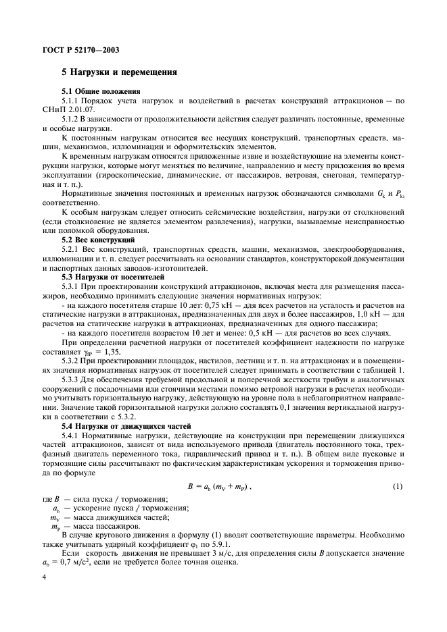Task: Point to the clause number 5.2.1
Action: point(71,249)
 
